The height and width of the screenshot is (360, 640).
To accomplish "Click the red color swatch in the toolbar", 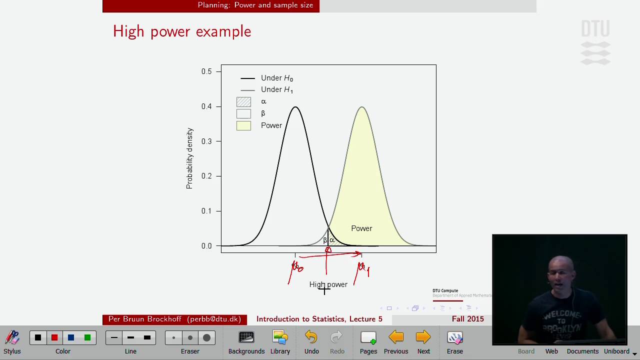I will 54,338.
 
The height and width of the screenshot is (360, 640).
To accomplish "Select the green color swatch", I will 87,338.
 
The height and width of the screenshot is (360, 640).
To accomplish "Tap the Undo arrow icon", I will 311,338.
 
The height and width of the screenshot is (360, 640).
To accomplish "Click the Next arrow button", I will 423,338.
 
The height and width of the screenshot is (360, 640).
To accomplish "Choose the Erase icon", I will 454,338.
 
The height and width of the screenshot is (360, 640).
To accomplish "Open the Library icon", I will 280,338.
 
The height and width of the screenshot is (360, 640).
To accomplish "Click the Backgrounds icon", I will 246,338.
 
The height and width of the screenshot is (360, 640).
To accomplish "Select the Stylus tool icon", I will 12,338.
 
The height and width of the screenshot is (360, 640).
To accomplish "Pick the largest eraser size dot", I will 206,338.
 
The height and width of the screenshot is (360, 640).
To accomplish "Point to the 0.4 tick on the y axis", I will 207,106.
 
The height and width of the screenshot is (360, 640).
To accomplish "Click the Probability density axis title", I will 189,158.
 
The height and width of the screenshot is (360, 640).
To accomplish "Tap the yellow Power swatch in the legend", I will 243,125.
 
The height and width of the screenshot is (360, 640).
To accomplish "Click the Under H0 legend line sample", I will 247,78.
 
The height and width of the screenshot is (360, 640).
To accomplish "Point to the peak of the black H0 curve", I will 295,107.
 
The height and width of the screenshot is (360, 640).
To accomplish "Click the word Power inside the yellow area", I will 361,228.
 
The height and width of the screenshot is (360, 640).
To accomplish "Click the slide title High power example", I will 182,31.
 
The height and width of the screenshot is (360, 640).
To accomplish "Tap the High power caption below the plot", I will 328,284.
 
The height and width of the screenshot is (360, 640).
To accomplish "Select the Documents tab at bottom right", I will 582,351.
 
